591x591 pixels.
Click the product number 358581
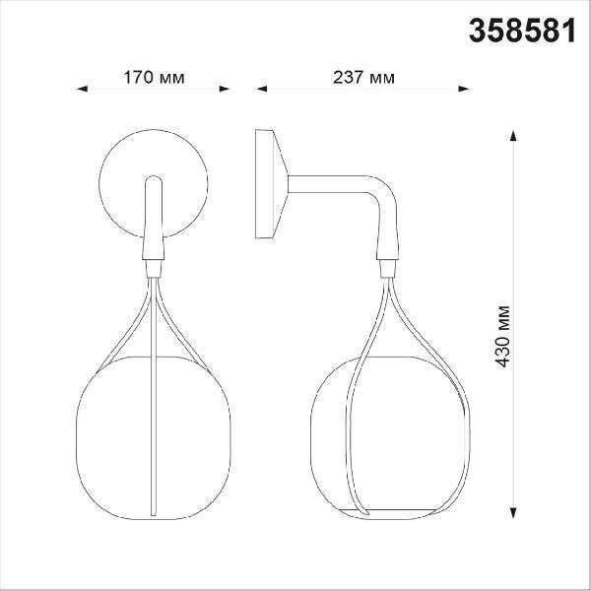pos(522,31)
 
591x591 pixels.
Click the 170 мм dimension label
pos(155,78)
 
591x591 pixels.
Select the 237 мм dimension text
pos(363,78)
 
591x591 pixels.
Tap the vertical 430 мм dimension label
pos(502,337)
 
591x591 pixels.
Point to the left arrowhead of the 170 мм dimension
pos(82,89)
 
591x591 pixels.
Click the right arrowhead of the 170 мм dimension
pos(225,89)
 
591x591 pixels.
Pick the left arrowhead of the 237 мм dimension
pos(262,89)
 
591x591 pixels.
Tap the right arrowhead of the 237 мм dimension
pos(464,89)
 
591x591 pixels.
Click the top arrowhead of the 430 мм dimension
pos(513,135)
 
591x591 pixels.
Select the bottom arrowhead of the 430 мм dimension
pos(513,513)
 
